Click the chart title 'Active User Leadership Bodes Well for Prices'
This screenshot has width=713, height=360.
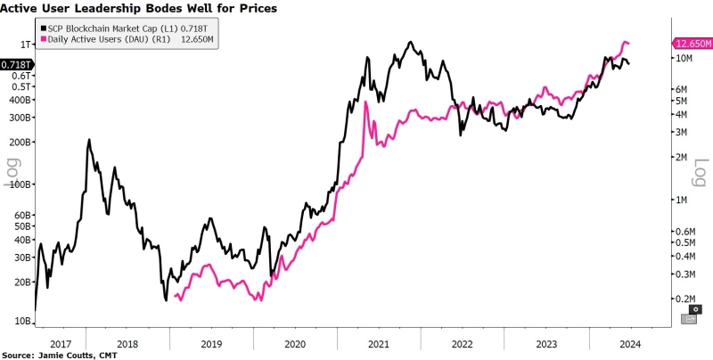click(138, 8)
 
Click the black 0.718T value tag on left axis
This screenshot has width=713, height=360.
click(17, 64)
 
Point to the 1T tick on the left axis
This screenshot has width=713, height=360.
click(27, 44)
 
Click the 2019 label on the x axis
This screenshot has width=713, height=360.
click(210, 342)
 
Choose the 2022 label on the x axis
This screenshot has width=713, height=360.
click(462, 342)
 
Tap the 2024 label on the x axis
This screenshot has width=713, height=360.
click(629, 342)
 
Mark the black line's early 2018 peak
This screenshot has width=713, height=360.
click(89, 140)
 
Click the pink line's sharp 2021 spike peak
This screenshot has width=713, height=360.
click(365, 102)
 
